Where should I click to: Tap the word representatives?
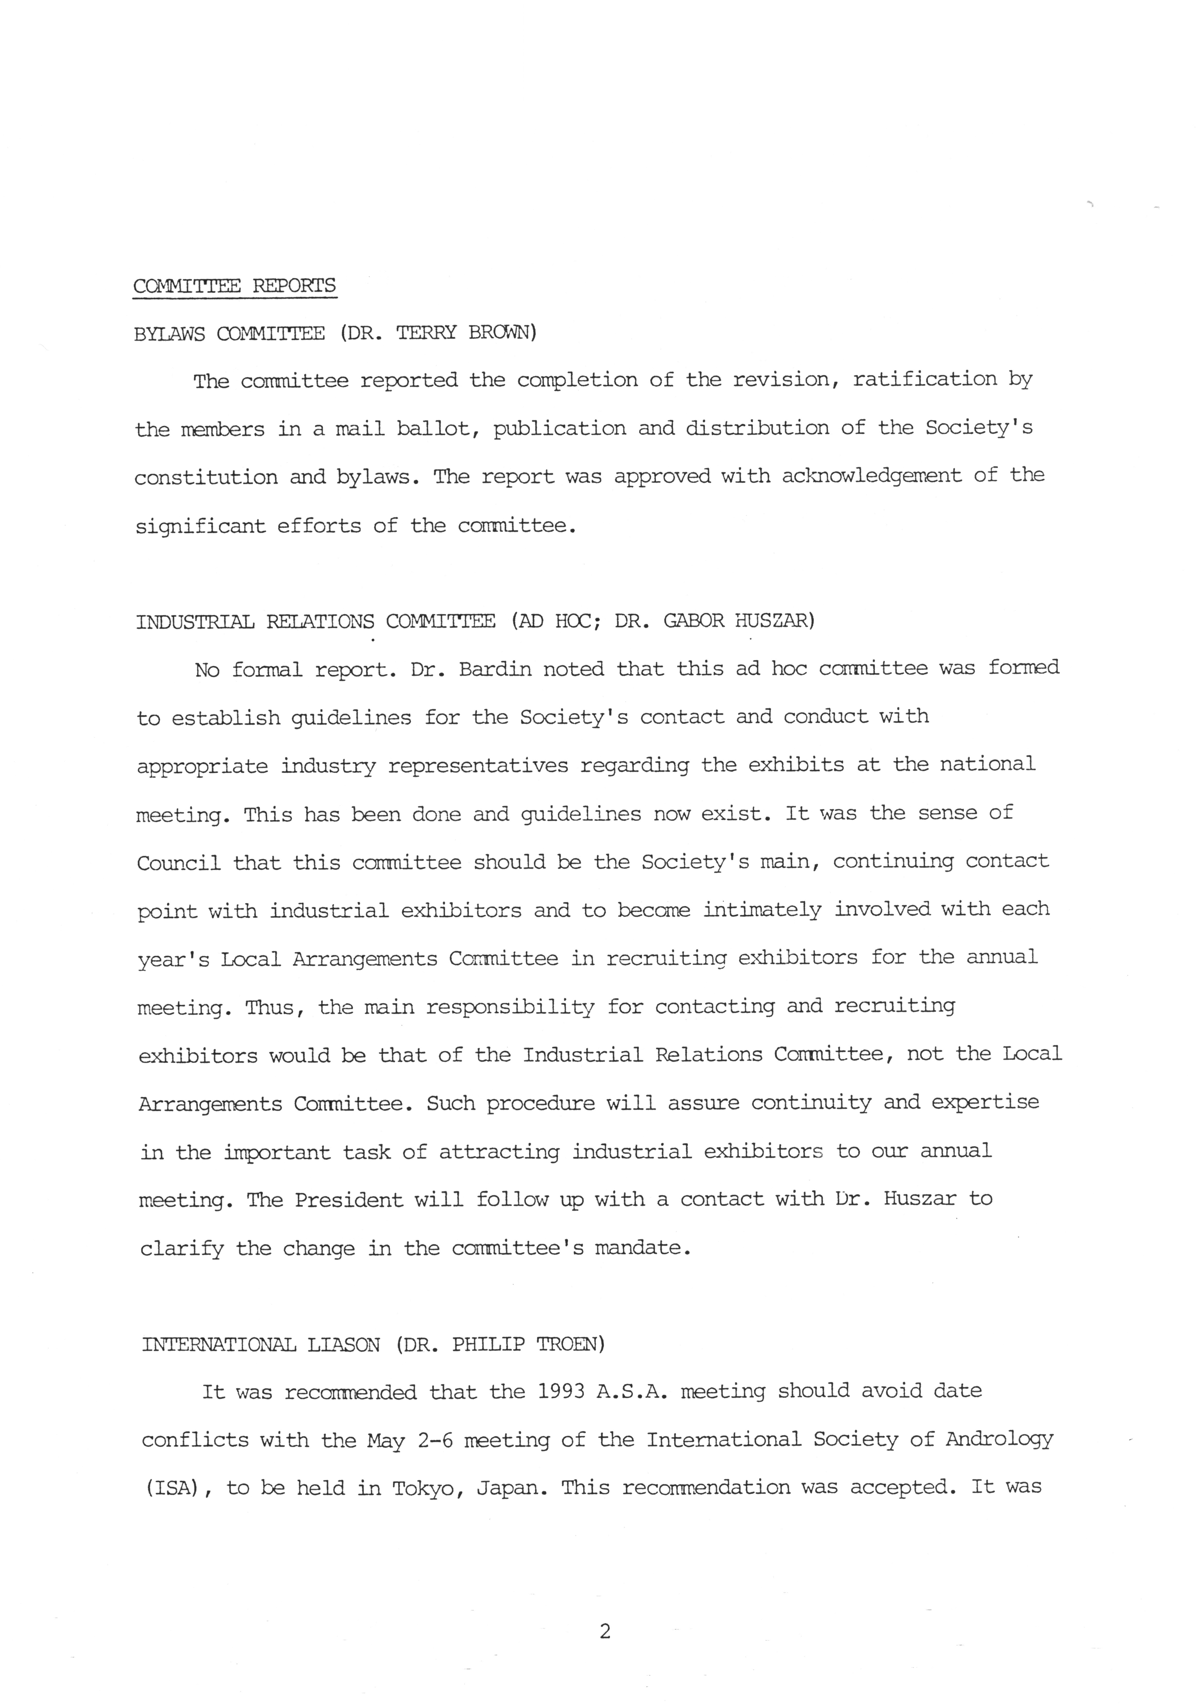[x=478, y=765]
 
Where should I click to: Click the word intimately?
[x=762, y=910]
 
